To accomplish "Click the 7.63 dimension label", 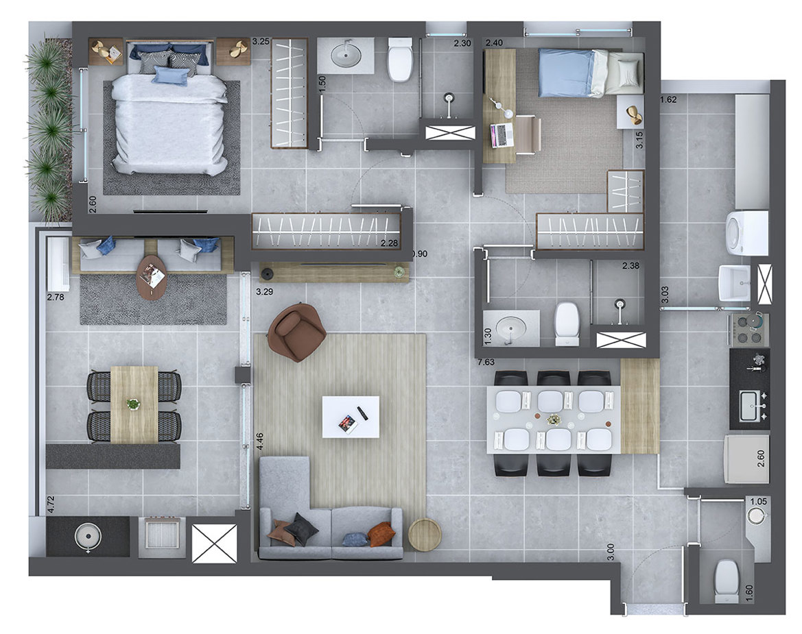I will click(x=487, y=361).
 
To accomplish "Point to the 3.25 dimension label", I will click(x=261, y=42).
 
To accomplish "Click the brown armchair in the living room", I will click(x=296, y=332).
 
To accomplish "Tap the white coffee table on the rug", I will click(x=351, y=417).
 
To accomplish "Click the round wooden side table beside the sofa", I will click(x=425, y=534).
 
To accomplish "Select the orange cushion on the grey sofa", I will click(x=381, y=534).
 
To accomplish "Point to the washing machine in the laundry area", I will click(x=747, y=232).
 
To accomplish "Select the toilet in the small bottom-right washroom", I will click(x=725, y=580).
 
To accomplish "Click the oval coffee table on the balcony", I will click(x=151, y=277).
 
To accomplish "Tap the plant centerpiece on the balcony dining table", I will click(x=133, y=404).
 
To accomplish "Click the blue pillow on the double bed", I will click(x=170, y=75).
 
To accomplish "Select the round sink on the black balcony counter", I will click(x=87, y=535).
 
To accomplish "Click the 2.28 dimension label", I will click(x=389, y=242).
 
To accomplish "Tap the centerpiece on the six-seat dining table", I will click(x=553, y=419).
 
